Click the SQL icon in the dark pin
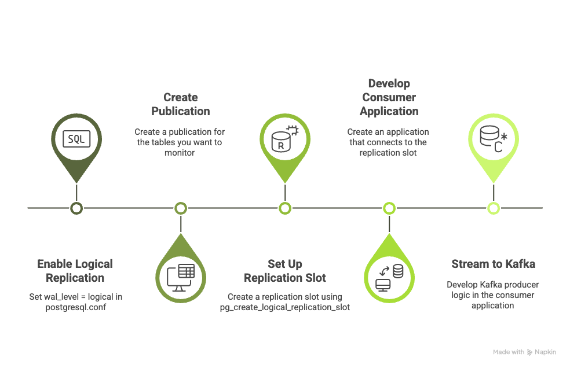76,139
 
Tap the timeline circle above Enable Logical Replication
76,208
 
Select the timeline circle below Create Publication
181,208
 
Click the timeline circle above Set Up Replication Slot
284,208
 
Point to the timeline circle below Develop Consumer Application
389,208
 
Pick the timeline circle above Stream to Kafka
493,208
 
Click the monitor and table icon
181,277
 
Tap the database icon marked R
284,139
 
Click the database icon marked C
493,139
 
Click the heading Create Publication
181,104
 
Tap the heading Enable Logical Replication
75,271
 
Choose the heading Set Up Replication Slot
285,271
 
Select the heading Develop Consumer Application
389,97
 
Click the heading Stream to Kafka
493,264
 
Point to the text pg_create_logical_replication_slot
285,307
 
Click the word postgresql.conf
75,307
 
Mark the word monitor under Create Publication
180,153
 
